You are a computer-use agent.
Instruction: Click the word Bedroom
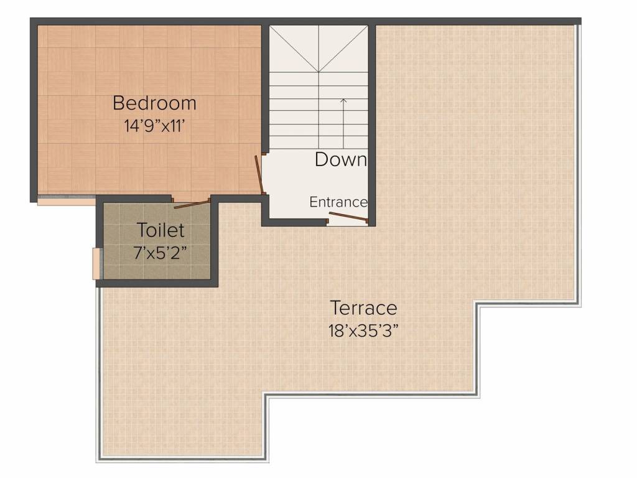pyautogui.click(x=154, y=103)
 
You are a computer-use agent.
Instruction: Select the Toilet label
pyautogui.click(x=160, y=230)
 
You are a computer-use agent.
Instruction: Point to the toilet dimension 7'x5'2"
pyautogui.click(x=160, y=253)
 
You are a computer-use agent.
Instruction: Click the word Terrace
pyautogui.click(x=363, y=307)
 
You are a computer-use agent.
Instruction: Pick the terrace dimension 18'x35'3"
pyautogui.click(x=363, y=330)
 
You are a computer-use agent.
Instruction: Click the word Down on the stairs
pyautogui.click(x=340, y=159)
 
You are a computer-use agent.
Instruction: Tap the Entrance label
pyautogui.click(x=338, y=202)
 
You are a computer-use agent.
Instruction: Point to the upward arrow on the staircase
pyautogui.click(x=343, y=121)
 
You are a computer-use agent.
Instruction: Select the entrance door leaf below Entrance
pyautogui.click(x=348, y=217)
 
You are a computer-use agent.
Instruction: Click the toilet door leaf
pyautogui.click(x=192, y=204)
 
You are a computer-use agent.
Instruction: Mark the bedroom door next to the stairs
pyautogui.click(x=259, y=174)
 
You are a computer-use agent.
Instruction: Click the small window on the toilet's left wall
pyautogui.click(x=96, y=263)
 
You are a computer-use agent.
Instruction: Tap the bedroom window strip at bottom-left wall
pyautogui.click(x=66, y=201)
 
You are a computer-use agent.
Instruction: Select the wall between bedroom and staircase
pyautogui.click(x=265, y=87)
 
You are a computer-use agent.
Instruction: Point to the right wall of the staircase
pyautogui.click(x=372, y=124)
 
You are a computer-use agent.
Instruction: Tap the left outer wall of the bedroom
pyautogui.click(x=34, y=112)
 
